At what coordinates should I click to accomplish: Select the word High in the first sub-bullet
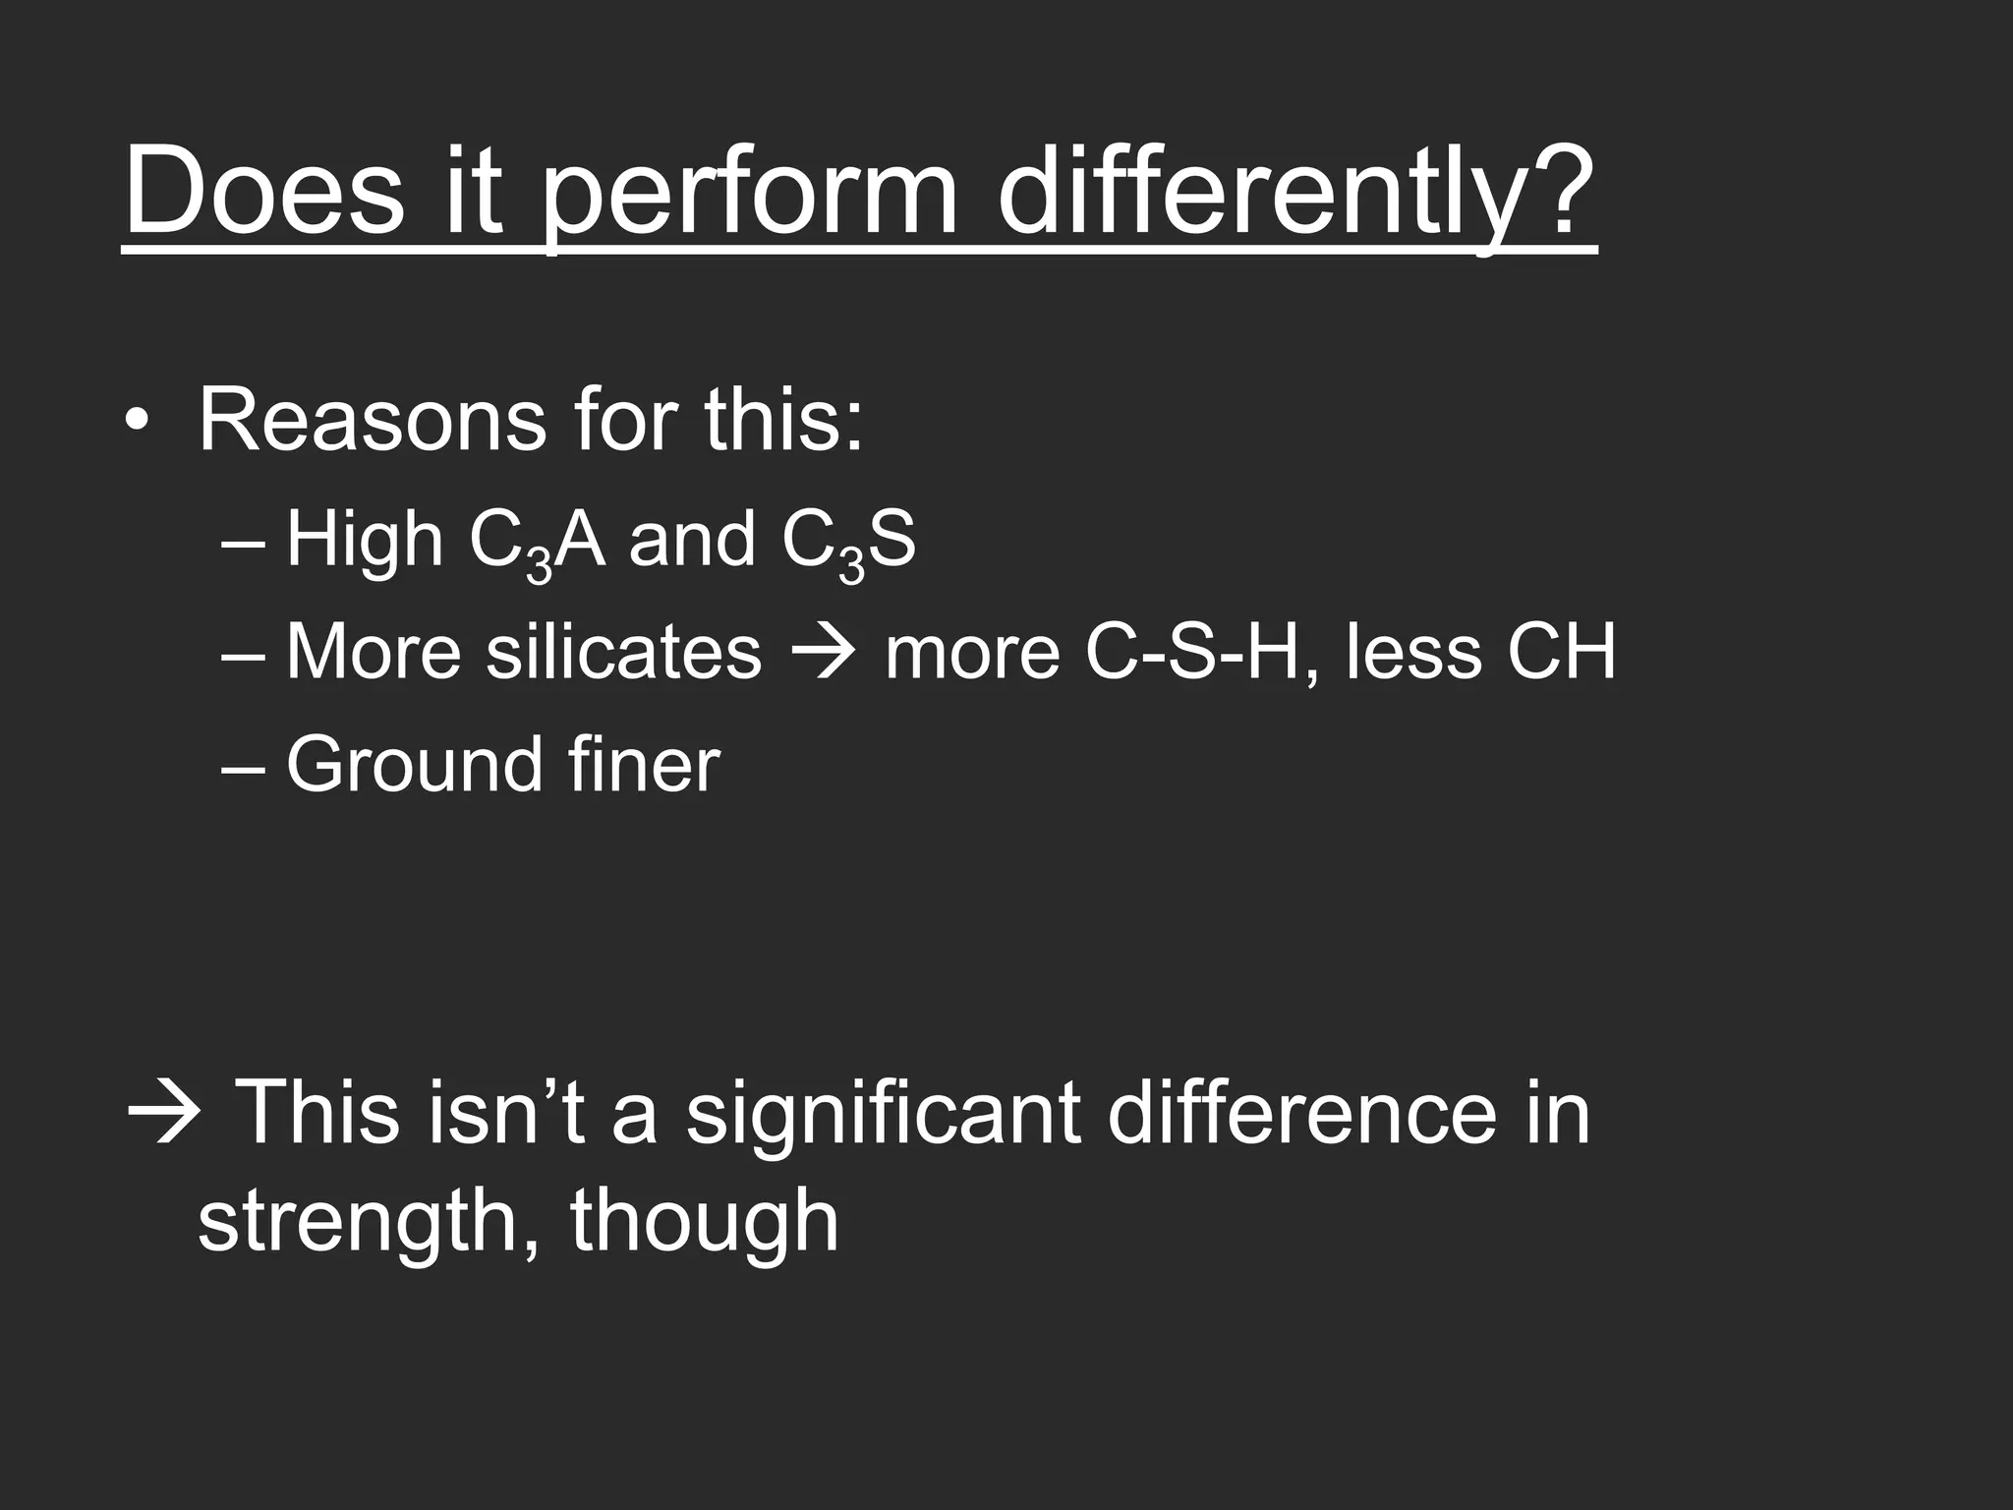[x=365, y=541]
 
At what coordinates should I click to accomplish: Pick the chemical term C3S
[x=848, y=544]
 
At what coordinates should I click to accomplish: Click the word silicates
[x=623, y=652]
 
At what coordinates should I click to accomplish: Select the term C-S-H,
[x=1201, y=652]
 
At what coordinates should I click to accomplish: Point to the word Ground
[x=414, y=765]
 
